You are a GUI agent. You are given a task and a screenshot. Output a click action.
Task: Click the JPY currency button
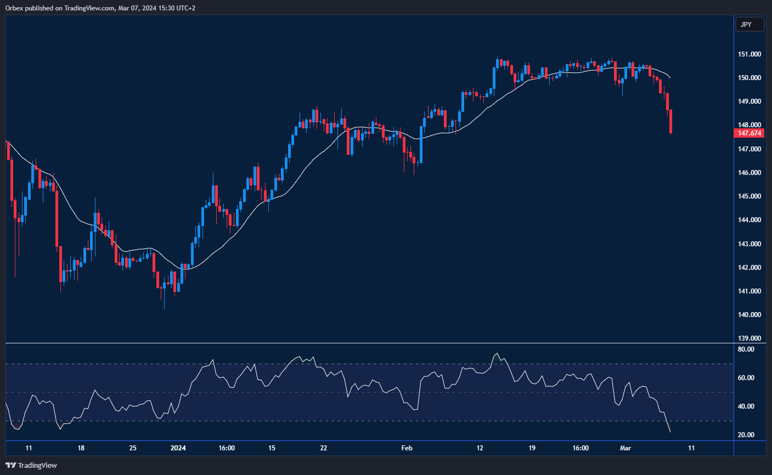749,25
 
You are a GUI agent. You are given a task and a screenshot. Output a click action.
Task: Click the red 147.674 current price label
749,133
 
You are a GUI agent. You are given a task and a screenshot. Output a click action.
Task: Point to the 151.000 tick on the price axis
749,54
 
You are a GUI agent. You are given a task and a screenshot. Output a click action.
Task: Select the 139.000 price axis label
749,338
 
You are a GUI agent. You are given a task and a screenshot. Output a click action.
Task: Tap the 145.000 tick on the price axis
749,196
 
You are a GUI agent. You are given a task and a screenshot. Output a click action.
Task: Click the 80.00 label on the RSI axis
746,349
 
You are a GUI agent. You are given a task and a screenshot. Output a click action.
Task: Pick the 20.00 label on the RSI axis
746,435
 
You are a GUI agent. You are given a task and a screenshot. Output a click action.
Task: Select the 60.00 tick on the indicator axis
746,378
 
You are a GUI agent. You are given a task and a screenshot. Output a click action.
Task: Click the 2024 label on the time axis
178,448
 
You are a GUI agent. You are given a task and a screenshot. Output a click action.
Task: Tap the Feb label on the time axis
407,448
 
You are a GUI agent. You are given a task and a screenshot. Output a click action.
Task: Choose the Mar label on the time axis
626,448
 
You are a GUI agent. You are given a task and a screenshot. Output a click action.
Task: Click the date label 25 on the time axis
133,448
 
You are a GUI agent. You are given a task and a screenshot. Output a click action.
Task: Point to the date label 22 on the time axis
324,448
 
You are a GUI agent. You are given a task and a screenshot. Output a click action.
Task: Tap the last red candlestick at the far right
670,121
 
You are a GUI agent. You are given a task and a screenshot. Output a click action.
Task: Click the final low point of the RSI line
670,432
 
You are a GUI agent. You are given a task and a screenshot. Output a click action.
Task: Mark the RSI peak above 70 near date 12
497,353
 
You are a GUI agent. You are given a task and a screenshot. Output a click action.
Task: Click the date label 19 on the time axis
532,448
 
